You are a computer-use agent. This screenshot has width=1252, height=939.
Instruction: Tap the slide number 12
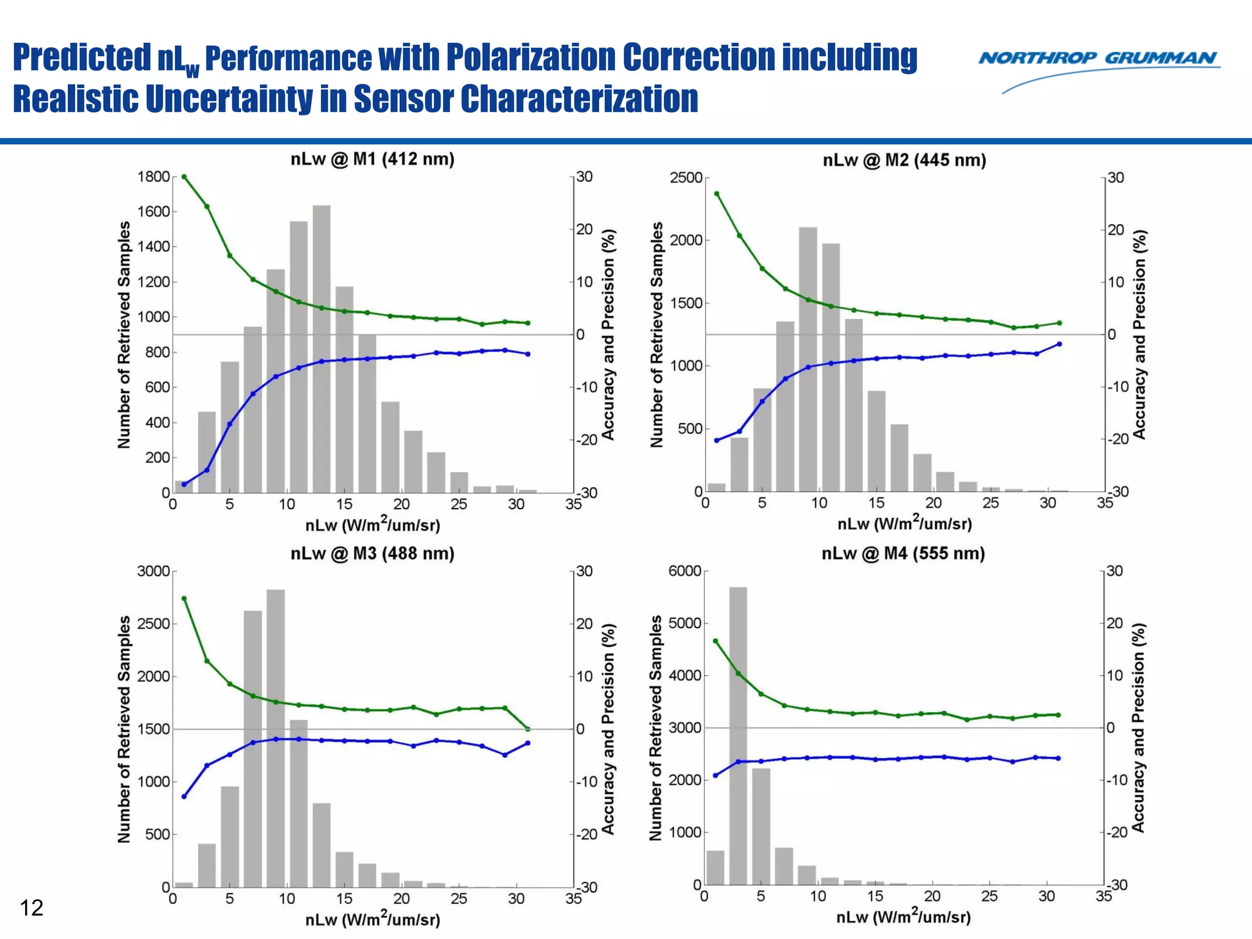31,908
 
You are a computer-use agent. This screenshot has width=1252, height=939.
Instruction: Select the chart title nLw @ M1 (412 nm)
372,160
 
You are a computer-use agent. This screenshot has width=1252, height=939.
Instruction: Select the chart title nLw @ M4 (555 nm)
903,554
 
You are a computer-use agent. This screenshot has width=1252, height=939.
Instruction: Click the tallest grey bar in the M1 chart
322,348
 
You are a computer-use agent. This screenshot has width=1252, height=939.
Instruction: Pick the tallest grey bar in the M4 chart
738,734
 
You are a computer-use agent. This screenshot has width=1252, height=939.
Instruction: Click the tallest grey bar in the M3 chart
276,734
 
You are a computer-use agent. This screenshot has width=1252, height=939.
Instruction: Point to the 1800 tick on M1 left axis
153,177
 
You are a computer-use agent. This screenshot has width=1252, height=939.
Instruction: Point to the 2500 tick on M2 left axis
686,178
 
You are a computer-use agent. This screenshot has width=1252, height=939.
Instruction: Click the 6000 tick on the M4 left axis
685,571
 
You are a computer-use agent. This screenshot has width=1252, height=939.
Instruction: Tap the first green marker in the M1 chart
184,177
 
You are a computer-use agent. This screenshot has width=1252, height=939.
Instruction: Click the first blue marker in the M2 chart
716,440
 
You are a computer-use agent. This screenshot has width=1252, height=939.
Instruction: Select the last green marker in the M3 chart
528,729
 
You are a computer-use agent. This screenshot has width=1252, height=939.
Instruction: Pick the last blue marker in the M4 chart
1058,758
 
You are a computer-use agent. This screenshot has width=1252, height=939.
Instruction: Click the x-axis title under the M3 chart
372,918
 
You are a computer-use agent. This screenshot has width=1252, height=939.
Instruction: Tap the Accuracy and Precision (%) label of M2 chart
1139,334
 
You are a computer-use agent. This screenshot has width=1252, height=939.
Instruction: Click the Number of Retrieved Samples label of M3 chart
124,729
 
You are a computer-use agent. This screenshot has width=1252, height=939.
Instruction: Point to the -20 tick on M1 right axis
585,440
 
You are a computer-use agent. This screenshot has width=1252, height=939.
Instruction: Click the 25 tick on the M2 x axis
990,503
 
